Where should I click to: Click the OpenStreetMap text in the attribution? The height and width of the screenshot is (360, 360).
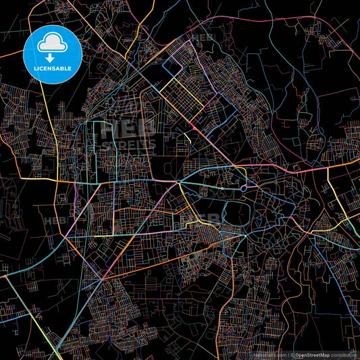point(313,355)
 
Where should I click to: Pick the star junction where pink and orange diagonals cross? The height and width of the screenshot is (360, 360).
point(102,279)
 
